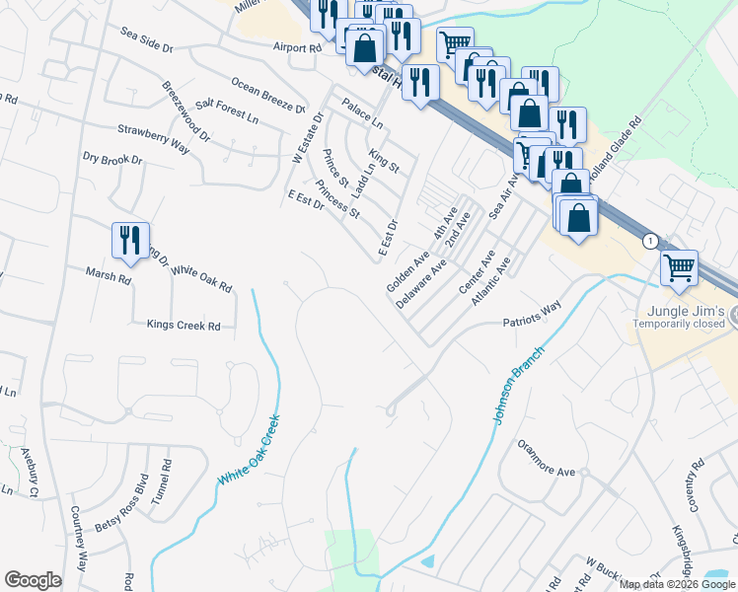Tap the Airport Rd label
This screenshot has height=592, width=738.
coord(298,46)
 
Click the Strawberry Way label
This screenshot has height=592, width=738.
coord(153,135)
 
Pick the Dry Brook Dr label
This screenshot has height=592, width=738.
coord(112,158)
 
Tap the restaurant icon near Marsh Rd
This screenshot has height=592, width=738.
coord(130,242)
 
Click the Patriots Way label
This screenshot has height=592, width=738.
coord(531,315)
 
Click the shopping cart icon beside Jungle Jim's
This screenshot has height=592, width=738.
coord(679,267)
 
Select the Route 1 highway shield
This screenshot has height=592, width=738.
coord(650,241)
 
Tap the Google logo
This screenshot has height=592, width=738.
coord(33,580)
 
